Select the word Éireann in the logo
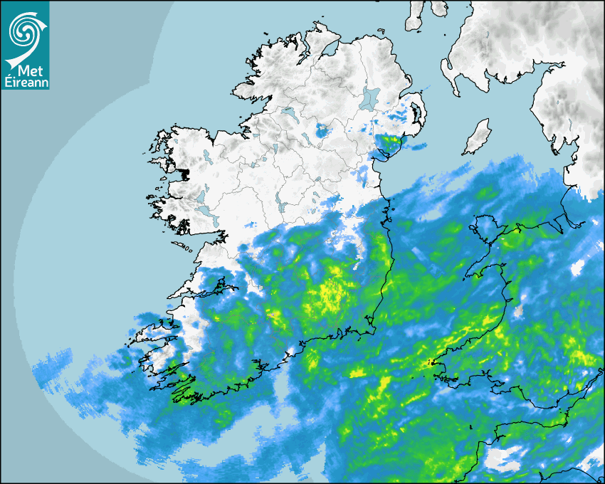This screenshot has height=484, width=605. pyautogui.click(x=26, y=83)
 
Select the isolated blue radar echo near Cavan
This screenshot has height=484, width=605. pyautogui.click(x=322, y=131)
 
